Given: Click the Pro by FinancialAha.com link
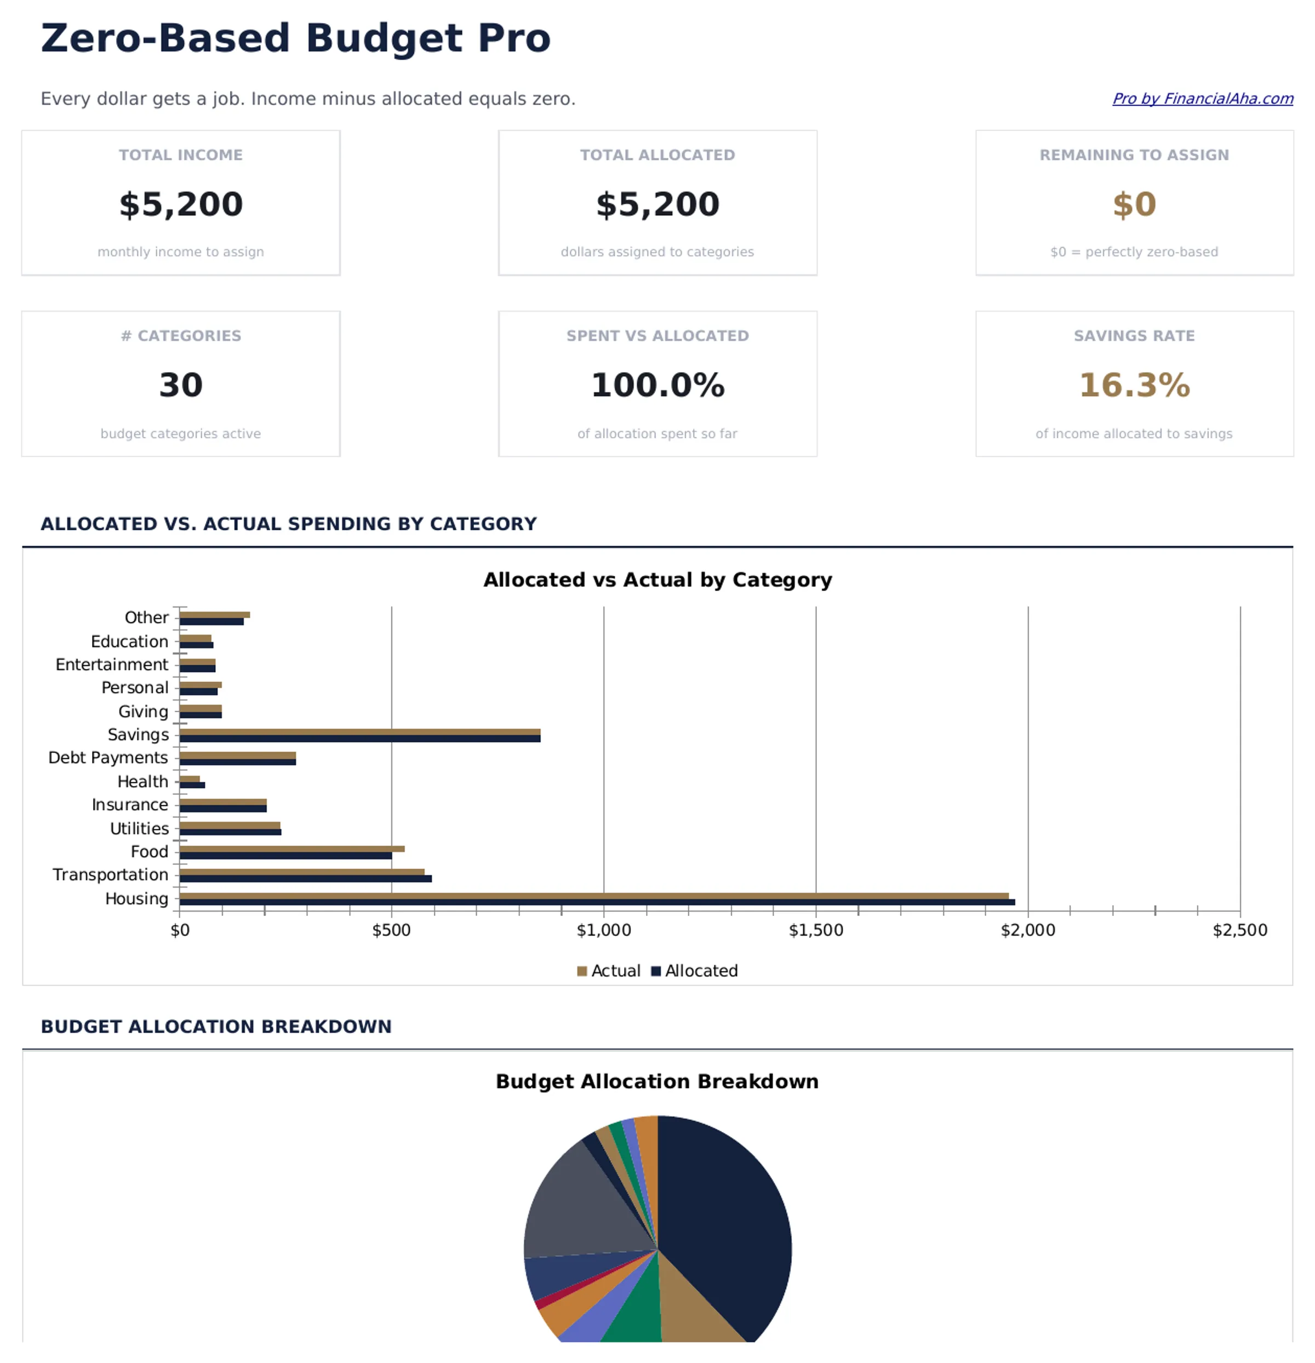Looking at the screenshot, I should pos(1202,99).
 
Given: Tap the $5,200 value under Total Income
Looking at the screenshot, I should pos(181,204).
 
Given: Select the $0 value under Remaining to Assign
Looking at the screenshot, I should pos(1134,204).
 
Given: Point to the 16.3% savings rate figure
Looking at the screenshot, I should pos(1134,385).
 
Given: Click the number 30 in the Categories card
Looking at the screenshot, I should pos(181,385).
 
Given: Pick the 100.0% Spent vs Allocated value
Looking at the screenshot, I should pos(657,385).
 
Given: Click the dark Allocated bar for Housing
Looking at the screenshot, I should pos(597,902).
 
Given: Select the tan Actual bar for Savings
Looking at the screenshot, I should pos(359,731).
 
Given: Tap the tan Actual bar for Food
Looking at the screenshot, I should pos(292,849).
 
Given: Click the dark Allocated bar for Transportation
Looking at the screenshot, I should pos(305,878).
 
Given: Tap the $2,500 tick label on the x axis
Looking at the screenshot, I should pos(1239,930).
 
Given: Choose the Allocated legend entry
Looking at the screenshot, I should pos(695,971).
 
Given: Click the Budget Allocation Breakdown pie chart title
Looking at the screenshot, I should pos(657,1081).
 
